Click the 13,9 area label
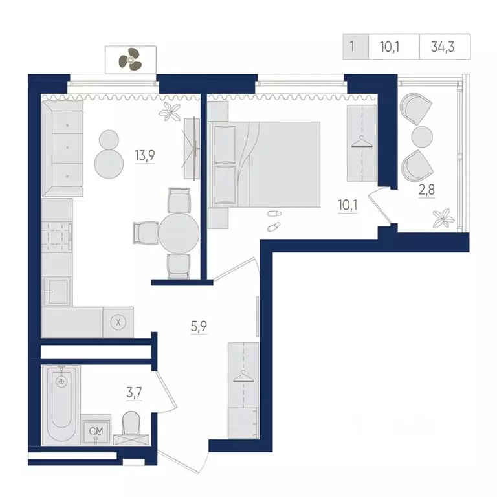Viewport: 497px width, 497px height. point(144,155)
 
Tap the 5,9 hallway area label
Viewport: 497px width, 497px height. point(199,326)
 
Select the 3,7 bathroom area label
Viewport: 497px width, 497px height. point(134,393)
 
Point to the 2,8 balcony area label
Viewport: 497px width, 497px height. point(426,190)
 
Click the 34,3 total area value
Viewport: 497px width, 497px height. point(443,47)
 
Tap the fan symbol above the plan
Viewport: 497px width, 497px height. point(130,60)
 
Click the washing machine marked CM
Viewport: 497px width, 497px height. point(96,429)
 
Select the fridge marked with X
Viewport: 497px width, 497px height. point(118,322)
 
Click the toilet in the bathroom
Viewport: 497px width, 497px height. point(131,427)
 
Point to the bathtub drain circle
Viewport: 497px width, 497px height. point(61,381)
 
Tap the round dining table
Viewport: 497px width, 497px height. point(179,233)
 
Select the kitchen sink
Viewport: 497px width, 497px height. point(57,291)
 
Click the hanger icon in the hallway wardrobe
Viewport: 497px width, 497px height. point(243,376)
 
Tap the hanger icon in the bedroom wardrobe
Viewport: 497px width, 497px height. point(362,142)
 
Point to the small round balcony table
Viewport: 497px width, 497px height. point(422,137)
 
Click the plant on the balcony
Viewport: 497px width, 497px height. point(442,217)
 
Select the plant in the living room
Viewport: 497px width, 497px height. point(170,111)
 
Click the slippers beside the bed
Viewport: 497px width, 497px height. point(274,221)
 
